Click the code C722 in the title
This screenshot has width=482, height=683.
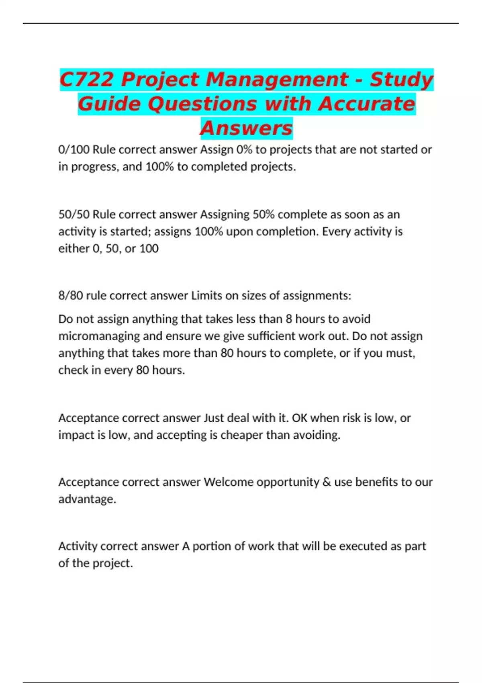pyautogui.click(x=87, y=80)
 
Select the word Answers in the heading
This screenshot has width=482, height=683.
pyautogui.click(x=246, y=128)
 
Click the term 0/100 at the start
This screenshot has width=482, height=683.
pyautogui.click(x=74, y=149)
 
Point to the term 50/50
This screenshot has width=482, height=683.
pyautogui.click(x=74, y=215)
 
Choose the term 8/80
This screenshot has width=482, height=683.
pyautogui.click(x=71, y=296)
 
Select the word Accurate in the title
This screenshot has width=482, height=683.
pyautogui.click(x=367, y=104)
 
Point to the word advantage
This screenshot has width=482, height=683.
pyautogui.click(x=87, y=499)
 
